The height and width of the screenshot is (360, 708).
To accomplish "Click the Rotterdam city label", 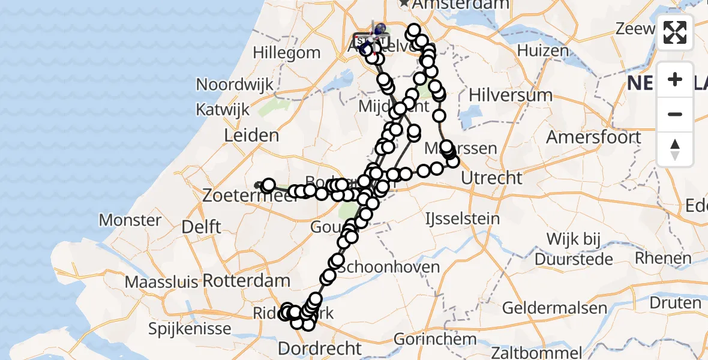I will pos(246,280).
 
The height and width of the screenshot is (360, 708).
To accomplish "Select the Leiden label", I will pos(251,136).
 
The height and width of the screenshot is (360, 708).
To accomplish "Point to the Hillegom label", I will pos(287,53).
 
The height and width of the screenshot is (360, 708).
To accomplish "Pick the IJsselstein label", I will pos(462,218).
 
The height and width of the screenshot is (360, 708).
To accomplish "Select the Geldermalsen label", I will pos(554,308).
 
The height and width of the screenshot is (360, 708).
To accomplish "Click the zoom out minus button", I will pos(675,115).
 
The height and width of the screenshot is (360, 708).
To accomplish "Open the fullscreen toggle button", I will pos(675,32).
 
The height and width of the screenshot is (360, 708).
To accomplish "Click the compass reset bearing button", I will pos(675,149).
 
